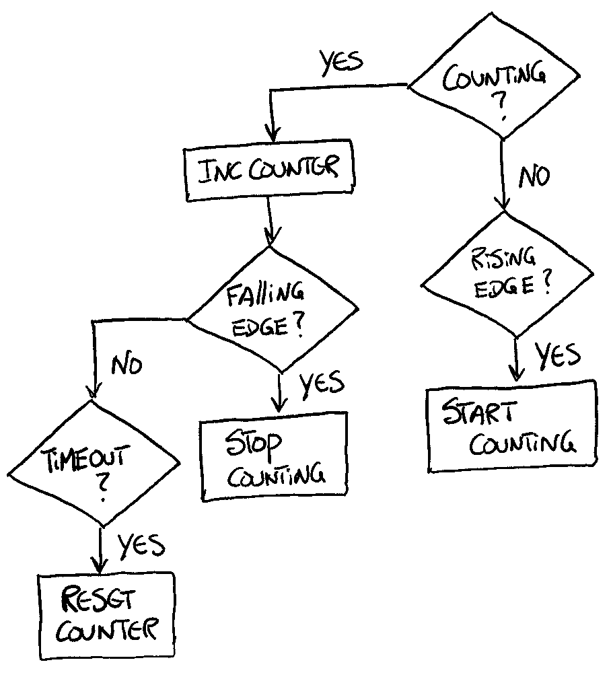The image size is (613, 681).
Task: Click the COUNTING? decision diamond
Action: pyautogui.click(x=494, y=76)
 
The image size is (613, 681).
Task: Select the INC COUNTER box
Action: pyautogui.click(x=269, y=170)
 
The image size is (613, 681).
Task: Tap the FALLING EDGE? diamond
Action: pyautogui.click(x=273, y=310)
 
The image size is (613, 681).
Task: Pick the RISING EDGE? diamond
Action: pyautogui.click(x=507, y=275)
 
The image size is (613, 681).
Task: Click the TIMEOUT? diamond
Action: pyautogui.click(x=94, y=464)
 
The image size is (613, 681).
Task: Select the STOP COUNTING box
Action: pyautogui.click(x=275, y=456)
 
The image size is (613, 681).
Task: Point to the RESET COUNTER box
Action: pyautogui.click(x=107, y=616)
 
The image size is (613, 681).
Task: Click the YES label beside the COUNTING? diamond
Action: pyautogui.click(x=341, y=63)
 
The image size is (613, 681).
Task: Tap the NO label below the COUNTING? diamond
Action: pyautogui.click(x=534, y=176)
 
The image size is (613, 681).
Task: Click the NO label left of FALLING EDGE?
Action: pyautogui.click(x=127, y=365)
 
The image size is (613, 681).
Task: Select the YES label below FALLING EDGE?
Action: pyautogui.click(x=322, y=384)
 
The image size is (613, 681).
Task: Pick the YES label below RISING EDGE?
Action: pyautogui.click(x=557, y=356)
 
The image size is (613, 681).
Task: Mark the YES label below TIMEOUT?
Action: pyautogui.click(x=141, y=544)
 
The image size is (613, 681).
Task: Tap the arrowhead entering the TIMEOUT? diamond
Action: pyautogui.click(x=94, y=391)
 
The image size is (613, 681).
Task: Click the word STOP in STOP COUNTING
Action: pyautogui.click(x=254, y=444)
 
